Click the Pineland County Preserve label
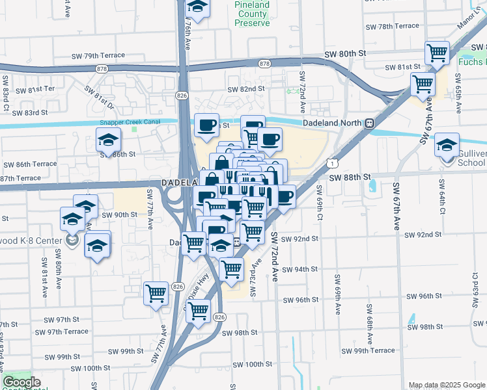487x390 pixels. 251,14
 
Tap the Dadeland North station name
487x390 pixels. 333,122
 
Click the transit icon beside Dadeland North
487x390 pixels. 369,122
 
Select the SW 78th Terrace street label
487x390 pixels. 392,26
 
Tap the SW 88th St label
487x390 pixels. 349,177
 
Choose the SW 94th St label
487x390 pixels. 300,269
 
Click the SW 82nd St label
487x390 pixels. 246,89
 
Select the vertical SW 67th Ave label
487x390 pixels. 396,206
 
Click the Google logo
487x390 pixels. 21,383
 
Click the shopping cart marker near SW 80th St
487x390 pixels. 438,53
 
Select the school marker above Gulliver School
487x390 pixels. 447,144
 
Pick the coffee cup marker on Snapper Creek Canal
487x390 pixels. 206,125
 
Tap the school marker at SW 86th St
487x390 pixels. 108,139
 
